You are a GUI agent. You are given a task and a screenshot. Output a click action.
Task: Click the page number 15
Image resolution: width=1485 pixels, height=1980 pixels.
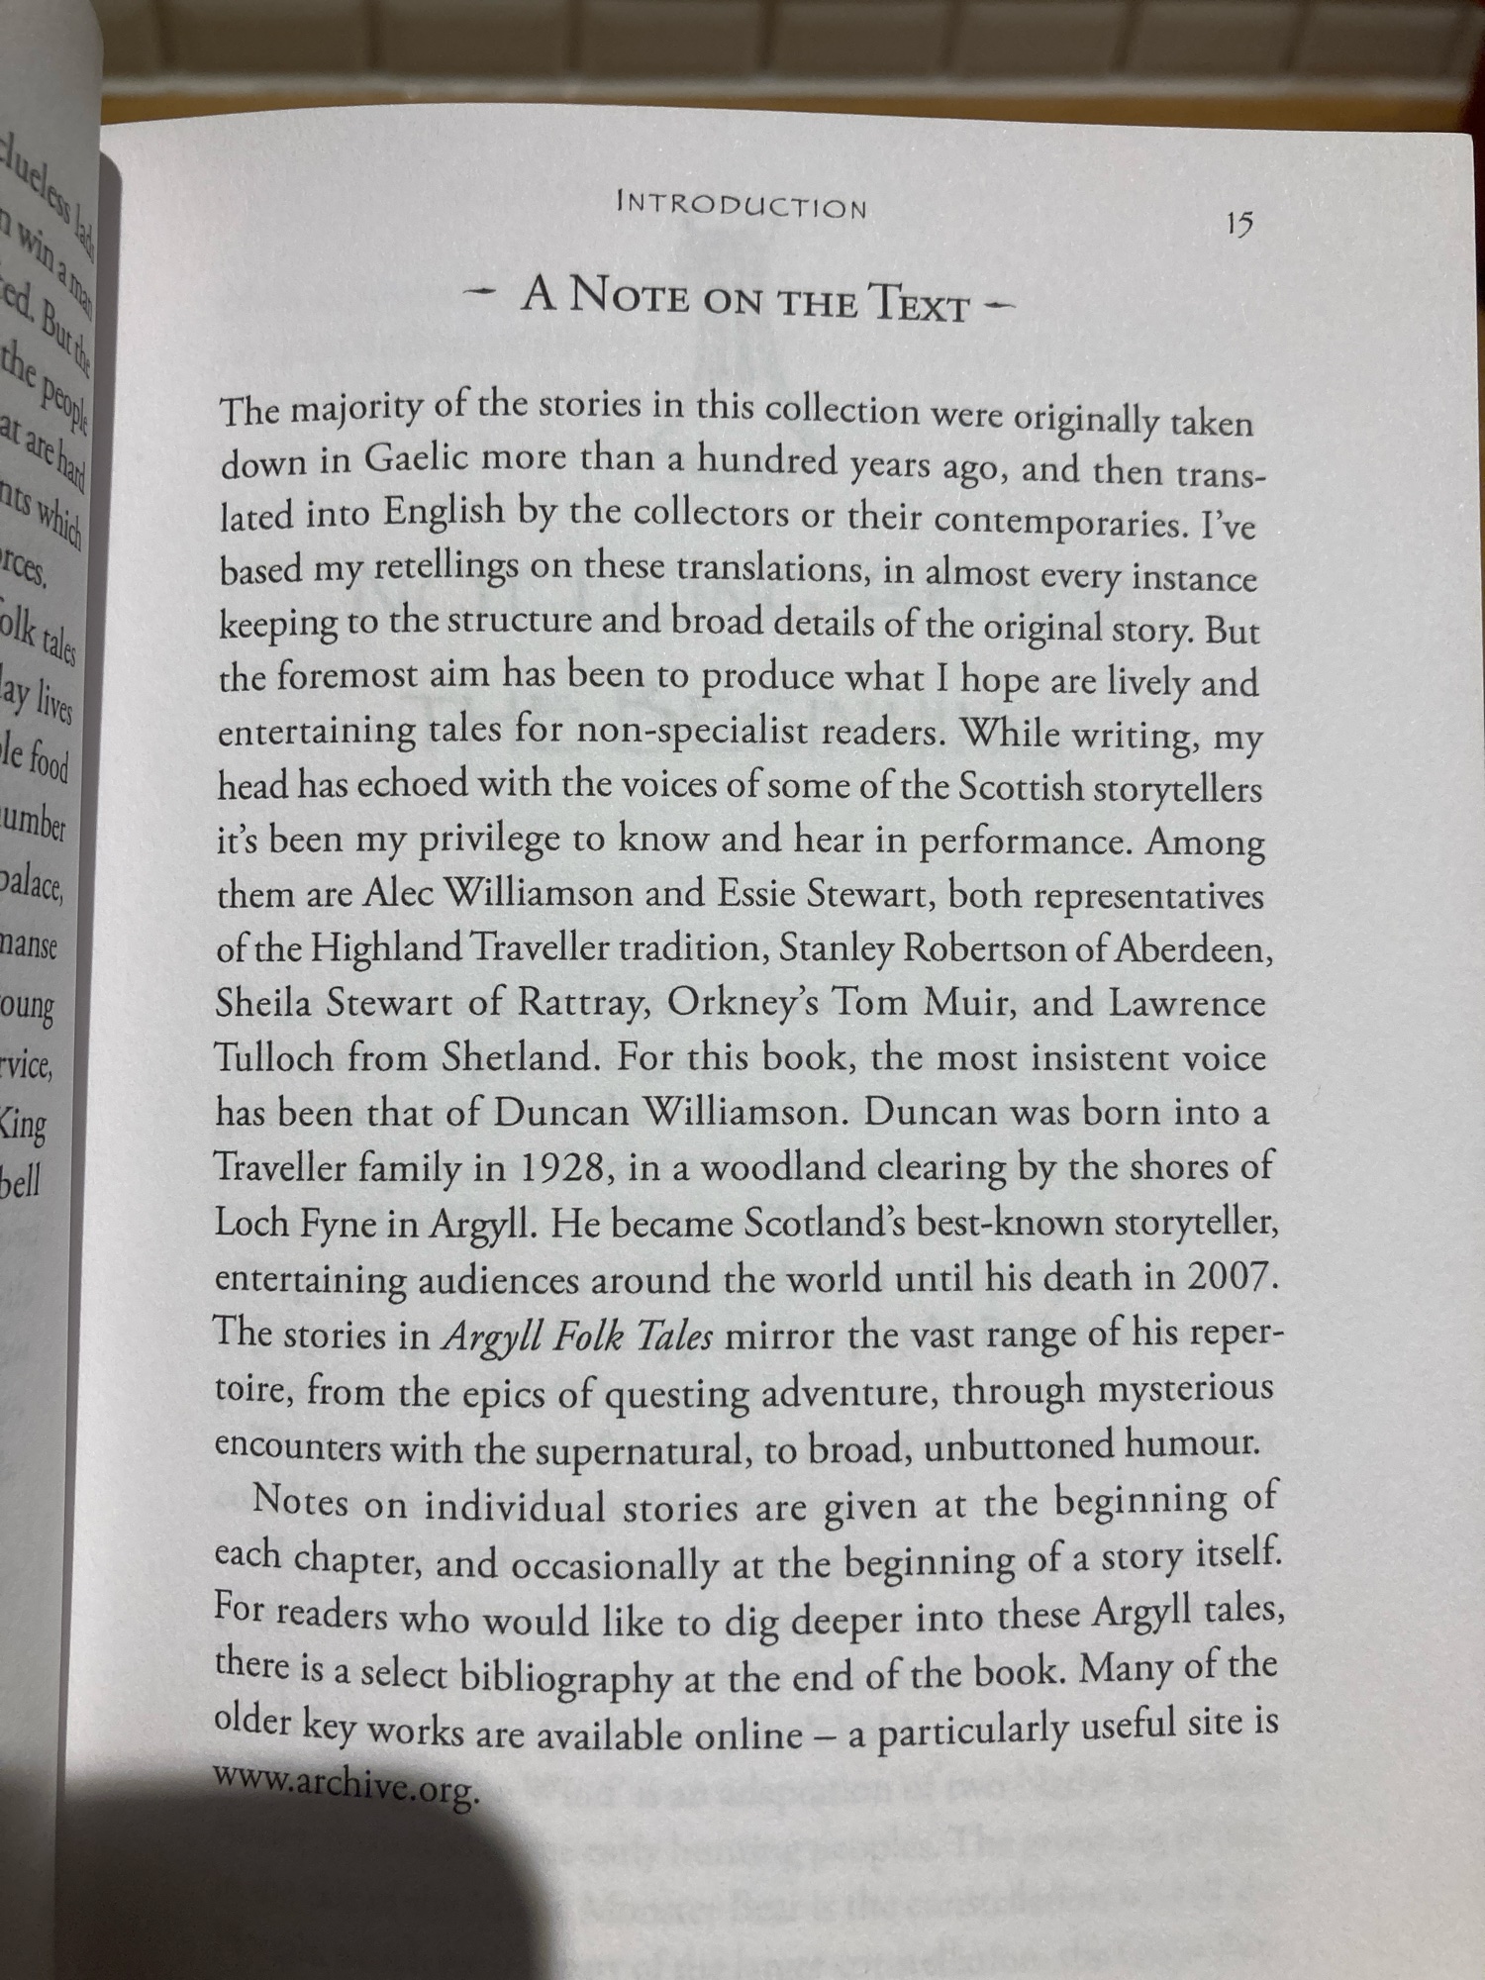pos(1238,224)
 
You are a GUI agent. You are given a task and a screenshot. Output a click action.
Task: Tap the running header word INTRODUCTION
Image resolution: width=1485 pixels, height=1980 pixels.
pos(742,205)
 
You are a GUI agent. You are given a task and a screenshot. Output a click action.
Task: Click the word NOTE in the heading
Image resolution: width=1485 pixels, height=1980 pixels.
pos(630,296)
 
